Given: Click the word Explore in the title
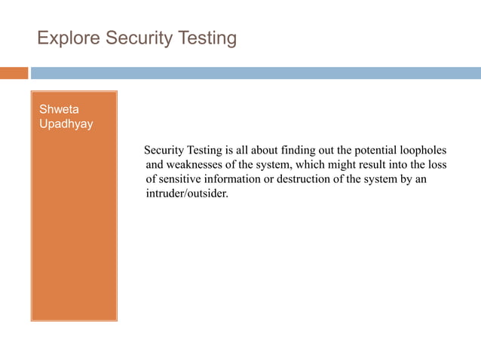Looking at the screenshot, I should click(x=64, y=38).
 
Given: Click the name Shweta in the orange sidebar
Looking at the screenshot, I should click(x=59, y=110).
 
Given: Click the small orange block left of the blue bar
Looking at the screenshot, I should click(x=14, y=73).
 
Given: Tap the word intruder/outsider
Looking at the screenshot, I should click(x=186, y=194).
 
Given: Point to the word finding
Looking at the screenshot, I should click(x=299, y=150).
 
